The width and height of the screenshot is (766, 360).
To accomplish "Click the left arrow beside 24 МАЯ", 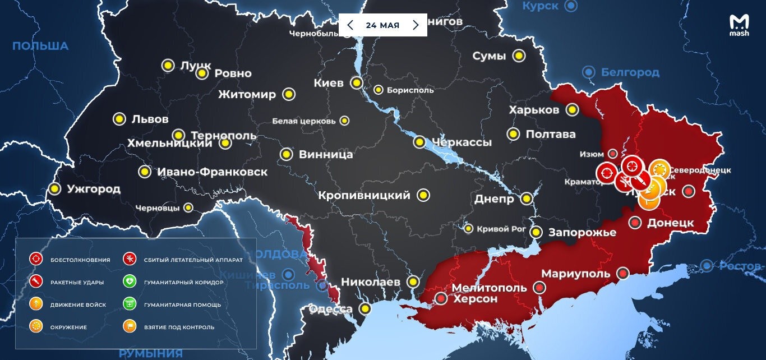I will pyautogui.click(x=350, y=25).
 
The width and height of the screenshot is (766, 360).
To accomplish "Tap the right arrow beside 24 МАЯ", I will pyautogui.click(x=416, y=25).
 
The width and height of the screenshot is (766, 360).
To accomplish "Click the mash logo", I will pyautogui.click(x=739, y=25).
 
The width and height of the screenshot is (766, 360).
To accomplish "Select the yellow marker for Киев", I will pyautogui.click(x=356, y=83).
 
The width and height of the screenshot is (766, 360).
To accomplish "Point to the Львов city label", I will pyautogui.click(x=150, y=119).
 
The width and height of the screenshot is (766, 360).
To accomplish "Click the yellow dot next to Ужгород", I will pyautogui.click(x=54, y=189).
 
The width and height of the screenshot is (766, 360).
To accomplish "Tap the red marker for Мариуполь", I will pyautogui.click(x=622, y=273).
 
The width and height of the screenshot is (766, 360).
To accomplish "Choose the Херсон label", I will pyautogui.click(x=475, y=299).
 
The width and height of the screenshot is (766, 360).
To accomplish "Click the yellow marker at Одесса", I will pyautogui.click(x=366, y=308).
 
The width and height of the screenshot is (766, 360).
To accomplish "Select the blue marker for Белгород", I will pyautogui.click(x=588, y=72).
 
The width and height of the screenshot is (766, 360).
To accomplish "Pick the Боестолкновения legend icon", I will pyautogui.click(x=36, y=259).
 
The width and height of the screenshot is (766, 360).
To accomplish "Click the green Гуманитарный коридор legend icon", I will pyautogui.click(x=130, y=282).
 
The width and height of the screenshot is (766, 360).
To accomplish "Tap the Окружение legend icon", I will pyautogui.click(x=36, y=326).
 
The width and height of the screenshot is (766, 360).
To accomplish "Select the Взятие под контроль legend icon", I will pyautogui.click(x=130, y=326).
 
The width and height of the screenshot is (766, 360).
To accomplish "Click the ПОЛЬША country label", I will pyautogui.click(x=40, y=46).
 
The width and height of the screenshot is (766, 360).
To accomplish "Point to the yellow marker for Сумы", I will pyautogui.click(x=519, y=56).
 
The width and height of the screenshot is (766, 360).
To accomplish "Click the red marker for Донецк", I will pyautogui.click(x=635, y=223).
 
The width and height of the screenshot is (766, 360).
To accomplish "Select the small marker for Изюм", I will pyautogui.click(x=613, y=154).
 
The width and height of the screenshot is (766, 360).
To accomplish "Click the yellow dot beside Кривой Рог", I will pyautogui.click(x=468, y=229).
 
